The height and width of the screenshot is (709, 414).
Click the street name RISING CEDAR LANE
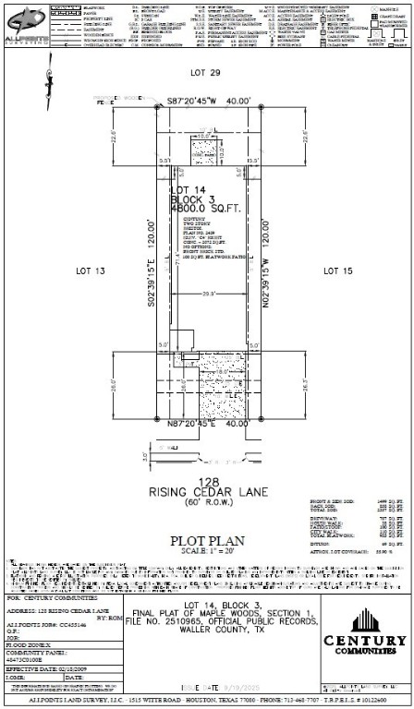click(206, 492)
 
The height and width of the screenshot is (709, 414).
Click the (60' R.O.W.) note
click(206, 503)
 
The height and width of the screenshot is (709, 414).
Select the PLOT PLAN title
click(206, 539)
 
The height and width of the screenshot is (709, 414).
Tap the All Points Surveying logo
click(25, 20)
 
